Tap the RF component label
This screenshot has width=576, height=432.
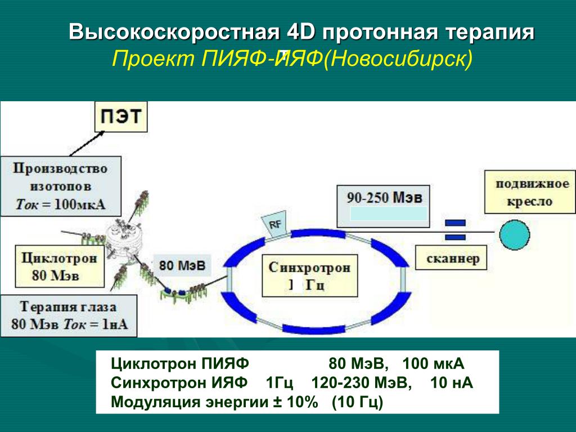276,224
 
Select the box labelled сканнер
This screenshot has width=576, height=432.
452,258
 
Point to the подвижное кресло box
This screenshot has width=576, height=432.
531,192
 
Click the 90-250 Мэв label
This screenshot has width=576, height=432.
384,198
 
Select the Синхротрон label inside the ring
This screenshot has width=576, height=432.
309,267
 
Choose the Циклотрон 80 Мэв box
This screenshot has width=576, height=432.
51,266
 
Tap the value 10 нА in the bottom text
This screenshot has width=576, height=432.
451,383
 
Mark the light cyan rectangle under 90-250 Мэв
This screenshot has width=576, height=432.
388,213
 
